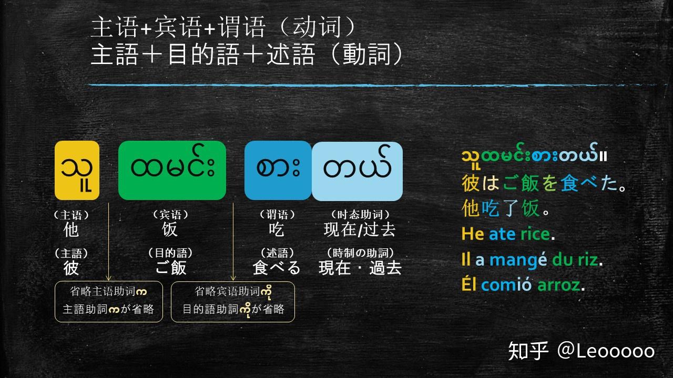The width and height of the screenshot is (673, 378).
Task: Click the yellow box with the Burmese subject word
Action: tap(77, 170)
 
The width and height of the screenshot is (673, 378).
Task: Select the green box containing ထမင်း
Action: tap(172, 170)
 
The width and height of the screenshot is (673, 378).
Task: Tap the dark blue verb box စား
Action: tap(278, 171)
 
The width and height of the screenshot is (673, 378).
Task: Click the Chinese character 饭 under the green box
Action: tap(170, 229)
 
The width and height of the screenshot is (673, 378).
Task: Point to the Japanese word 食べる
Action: tap(277, 268)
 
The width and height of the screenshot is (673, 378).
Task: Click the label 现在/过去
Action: tap(360, 229)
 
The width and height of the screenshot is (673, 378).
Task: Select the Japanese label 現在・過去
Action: tap(360, 268)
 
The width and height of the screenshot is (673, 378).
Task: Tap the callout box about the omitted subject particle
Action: tap(108, 302)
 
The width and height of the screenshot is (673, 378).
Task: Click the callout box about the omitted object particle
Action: tap(233, 302)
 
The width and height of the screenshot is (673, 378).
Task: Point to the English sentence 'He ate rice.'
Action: tap(508, 234)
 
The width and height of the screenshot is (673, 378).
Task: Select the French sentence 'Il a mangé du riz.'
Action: tap(532, 259)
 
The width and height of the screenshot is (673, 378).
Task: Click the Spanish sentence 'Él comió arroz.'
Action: tap(523, 285)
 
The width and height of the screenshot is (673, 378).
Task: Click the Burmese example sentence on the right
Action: tap(534, 156)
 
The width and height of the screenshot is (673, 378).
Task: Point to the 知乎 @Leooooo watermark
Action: tap(581, 351)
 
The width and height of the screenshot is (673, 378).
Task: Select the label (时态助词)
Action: tap(360, 214)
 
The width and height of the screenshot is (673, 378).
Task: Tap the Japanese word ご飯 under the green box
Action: tap(171, 268)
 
